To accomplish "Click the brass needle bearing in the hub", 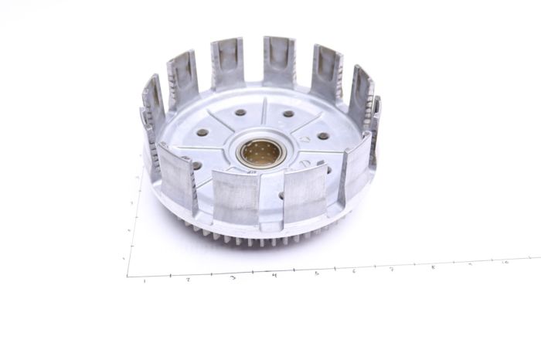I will (260, 152).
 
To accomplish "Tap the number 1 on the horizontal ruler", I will (145, 280).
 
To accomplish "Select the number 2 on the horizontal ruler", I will (188, 279).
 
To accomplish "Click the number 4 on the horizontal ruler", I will (274, 275).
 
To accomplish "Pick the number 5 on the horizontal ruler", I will (316, 273).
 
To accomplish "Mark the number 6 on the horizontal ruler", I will (354, 271).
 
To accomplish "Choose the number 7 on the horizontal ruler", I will (392, 270).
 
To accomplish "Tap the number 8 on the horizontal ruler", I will (432, 267).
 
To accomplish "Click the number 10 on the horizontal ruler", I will (505, 263).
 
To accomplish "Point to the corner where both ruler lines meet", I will (128, 276).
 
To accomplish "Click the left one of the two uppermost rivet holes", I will (240, 112).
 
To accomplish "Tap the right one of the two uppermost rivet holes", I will (288, 114).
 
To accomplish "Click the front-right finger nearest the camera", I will (305, 193).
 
